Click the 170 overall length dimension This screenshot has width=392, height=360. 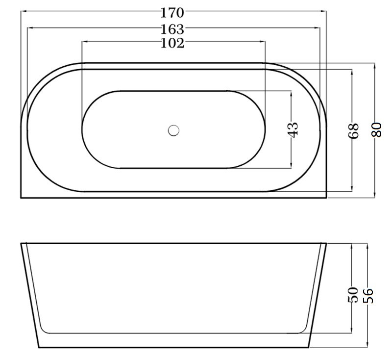point(172,13)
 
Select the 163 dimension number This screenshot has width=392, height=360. point(172,29)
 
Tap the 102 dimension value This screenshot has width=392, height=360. point(172,43)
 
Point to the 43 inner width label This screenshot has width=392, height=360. point(294,129)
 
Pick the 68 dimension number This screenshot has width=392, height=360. point(353,130)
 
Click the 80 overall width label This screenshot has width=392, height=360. point(376,129)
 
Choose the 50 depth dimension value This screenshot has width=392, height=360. point(353,295)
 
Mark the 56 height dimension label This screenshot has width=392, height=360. point(368,296)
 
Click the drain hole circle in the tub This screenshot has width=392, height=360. point(173,130)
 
